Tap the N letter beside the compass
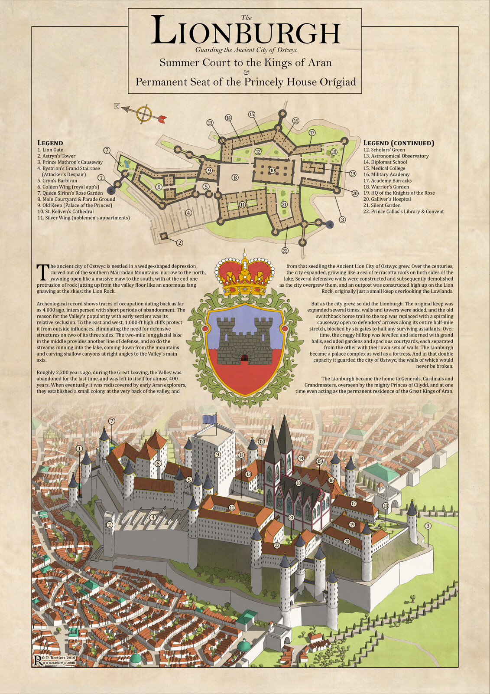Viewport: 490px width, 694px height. coord(117,106)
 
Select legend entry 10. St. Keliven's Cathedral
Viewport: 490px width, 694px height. coord(65,212)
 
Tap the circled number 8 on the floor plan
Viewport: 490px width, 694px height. coord(235,177)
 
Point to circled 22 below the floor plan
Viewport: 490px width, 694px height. coord(285,250)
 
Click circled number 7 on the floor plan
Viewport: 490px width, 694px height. coord(107,150)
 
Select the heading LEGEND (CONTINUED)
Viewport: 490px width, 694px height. coord(398,143)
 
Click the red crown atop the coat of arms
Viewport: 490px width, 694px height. coord(245,275)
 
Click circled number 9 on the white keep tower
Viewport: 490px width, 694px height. coord(217,454)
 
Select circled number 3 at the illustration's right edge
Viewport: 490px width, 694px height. coord(428,526)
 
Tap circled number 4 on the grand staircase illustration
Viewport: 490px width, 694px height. coord(153,517)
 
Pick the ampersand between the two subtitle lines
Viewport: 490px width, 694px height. coord(245,72)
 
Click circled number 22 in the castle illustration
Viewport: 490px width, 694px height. coord(276,545)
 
